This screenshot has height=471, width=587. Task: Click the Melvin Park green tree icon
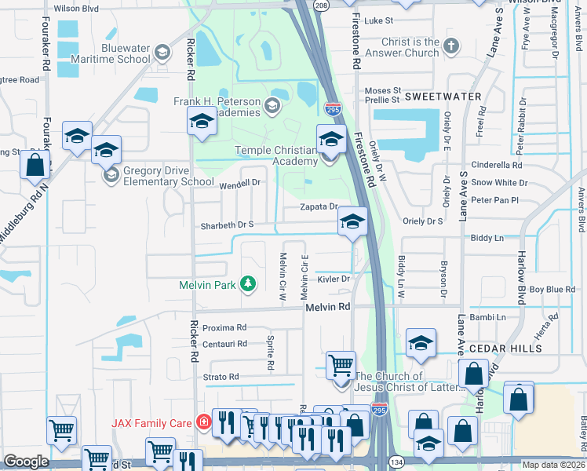(x=248, y=283)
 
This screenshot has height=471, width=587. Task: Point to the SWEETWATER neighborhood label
(x=443, y=96)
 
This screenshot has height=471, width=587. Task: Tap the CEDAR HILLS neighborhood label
(x=505, y=348)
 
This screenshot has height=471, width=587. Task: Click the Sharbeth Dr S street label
(x=228, y=225)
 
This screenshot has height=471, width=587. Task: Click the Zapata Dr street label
(x=319, y=207)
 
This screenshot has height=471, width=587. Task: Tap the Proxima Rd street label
(x=224, y=327)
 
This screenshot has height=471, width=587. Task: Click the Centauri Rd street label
(x=224, y=344)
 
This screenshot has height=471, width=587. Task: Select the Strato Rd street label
(x=221, y=377)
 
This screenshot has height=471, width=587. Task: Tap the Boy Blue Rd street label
(x=552, y=290)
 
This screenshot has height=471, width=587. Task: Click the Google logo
(x=26, y=462)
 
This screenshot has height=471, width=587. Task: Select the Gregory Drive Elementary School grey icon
(x=111, y=173)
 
